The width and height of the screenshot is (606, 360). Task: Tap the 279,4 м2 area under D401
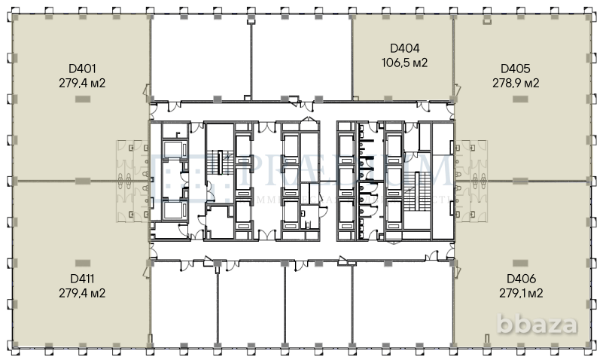click(x=81, y=83)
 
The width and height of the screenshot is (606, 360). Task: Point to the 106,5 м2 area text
click(x=403, y=63)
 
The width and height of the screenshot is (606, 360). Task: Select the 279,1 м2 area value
click(x=520, y=293)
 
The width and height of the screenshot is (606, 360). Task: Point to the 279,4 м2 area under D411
click(x=81, y=293)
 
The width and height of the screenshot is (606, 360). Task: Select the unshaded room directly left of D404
click(x=301, y=56)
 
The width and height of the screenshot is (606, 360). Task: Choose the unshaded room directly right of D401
click(x=199, y=56)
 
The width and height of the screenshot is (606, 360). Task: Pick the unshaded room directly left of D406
click(x=403, y=305)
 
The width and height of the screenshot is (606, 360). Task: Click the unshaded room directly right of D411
click(x=184, y=305)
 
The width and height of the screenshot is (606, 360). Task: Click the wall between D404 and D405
click(x=453, y=56)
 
